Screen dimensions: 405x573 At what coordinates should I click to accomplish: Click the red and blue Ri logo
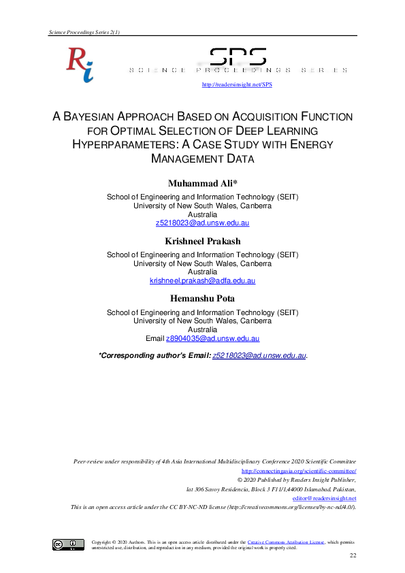(80, 65)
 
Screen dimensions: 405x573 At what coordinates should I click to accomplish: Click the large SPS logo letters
(238, 58)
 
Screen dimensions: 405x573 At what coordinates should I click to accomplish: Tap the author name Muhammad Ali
(202, 184)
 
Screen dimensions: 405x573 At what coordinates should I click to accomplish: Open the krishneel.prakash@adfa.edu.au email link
(202, 280)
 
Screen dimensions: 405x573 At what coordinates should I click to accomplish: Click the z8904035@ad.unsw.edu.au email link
(212, 338)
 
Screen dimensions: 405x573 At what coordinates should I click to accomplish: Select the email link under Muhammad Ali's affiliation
(202, 223)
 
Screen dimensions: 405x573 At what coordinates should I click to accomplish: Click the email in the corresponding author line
(259, 355)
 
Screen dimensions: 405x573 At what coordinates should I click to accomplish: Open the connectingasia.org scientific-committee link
(299, 470)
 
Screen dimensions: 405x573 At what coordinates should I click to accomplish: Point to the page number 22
(353, 557)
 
